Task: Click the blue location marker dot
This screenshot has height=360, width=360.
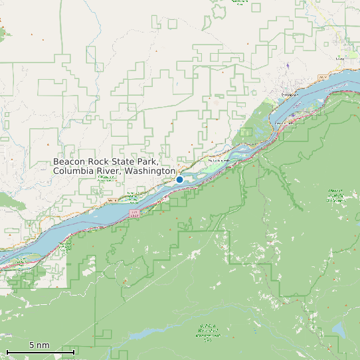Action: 179,179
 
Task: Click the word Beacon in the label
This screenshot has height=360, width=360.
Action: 70,161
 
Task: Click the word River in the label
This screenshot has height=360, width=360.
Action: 108,171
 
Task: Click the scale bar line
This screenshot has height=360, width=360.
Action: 40,351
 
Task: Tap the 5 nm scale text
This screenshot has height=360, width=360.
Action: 39,345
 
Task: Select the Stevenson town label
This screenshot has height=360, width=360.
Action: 289,95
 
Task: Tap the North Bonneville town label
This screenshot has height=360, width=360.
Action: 219,161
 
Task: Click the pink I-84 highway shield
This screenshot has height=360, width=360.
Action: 134,214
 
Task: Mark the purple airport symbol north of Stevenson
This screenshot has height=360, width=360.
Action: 288,65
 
